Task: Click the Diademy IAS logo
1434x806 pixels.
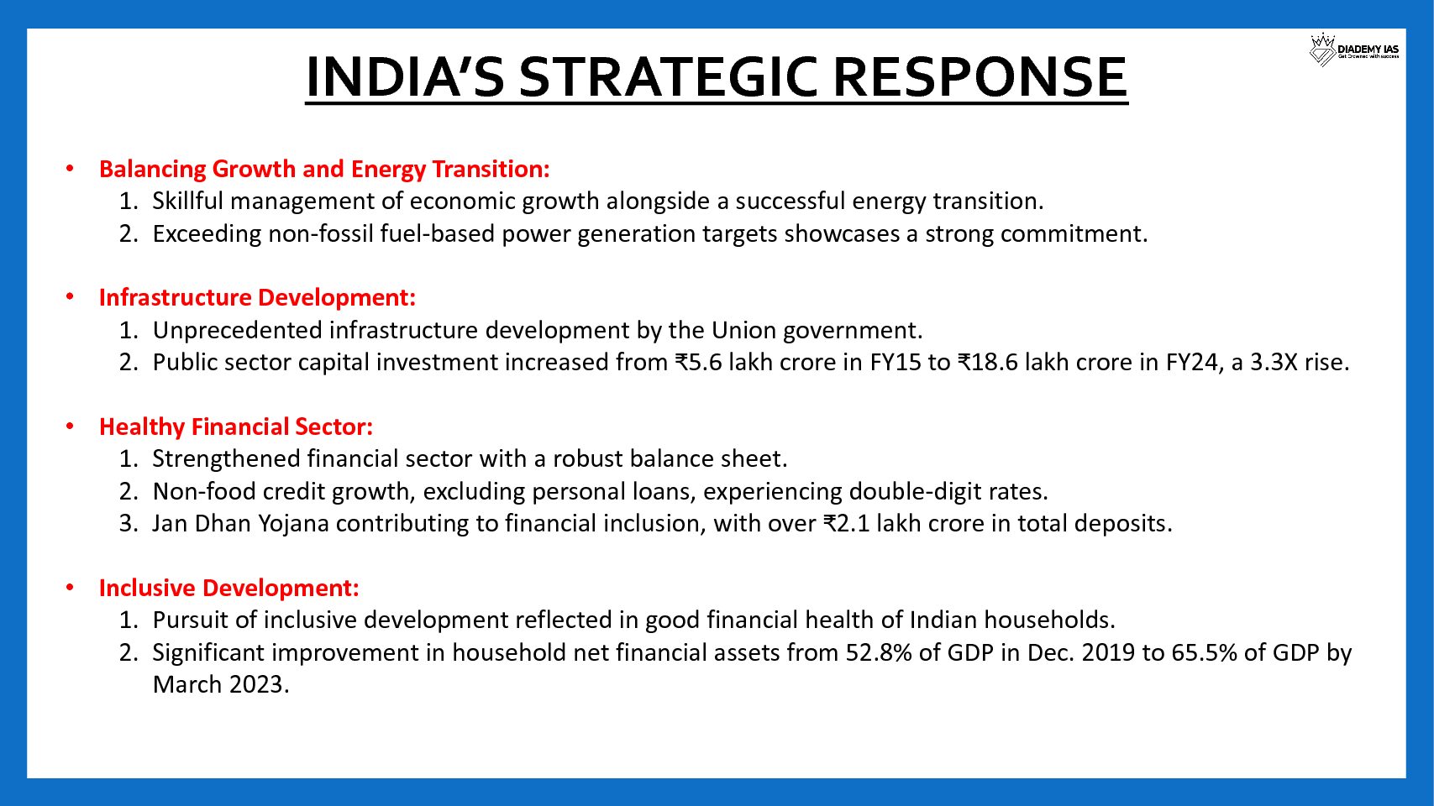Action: tap(1355, 50)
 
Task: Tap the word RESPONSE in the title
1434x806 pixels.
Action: tap(980, 76)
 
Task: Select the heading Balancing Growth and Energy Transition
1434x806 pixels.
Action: tap(324, 170)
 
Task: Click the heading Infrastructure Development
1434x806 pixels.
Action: tap(257, 297)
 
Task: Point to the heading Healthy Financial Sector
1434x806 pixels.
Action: tap(236, 427)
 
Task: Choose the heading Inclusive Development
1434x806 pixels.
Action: tap(229, 588)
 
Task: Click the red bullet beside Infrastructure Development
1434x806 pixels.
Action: tap(70, 297)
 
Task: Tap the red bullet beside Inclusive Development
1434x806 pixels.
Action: tap(70, 587)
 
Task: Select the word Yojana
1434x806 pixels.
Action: tap(293, 524)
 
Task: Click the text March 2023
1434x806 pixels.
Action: tap(221, 685)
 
